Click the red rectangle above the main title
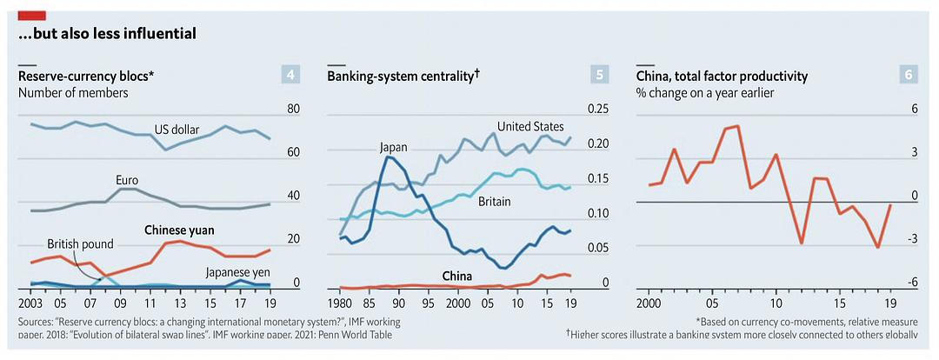tap(31, 15)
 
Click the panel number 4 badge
tap(290, 75)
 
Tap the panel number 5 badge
tap(601, 75)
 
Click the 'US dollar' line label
tap(177, 130)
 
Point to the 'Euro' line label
tap(127, 180)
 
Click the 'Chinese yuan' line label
tap(178, 230)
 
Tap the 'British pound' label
tap(80, 244)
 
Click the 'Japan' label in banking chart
tap(393, 147)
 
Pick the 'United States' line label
tap(530, 127)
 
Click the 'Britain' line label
tap(494, 202)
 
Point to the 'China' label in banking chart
tap(456, 277)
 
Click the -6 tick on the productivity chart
tap(912, 283)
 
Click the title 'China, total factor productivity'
tap(723, 77)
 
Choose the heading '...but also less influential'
tap(107, 35)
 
